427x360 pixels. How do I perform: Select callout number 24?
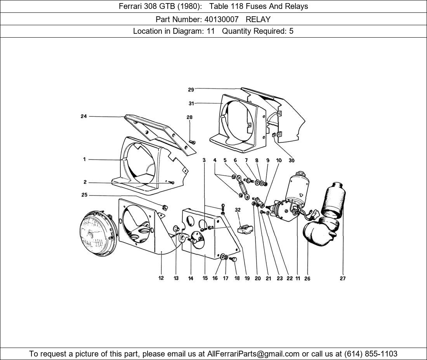pos(83,116)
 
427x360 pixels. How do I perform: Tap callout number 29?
pos(191,90)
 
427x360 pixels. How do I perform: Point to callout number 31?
pos(191,104)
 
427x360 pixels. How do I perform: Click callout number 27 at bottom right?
pos(342,278)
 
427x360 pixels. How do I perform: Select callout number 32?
pos(238,210)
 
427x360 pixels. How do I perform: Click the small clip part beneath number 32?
pos(245,229)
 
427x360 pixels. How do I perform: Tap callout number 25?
pos(84,195)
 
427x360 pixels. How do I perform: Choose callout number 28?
pos(189,117)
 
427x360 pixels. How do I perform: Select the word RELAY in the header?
pos(258,19)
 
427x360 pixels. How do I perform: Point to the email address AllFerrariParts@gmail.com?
pos(253,354)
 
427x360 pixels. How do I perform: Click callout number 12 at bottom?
pos(161,278)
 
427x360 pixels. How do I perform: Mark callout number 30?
pos(291,160)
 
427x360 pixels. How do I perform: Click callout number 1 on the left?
pos(84,159)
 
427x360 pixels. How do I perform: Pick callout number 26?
pos(307,278)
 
